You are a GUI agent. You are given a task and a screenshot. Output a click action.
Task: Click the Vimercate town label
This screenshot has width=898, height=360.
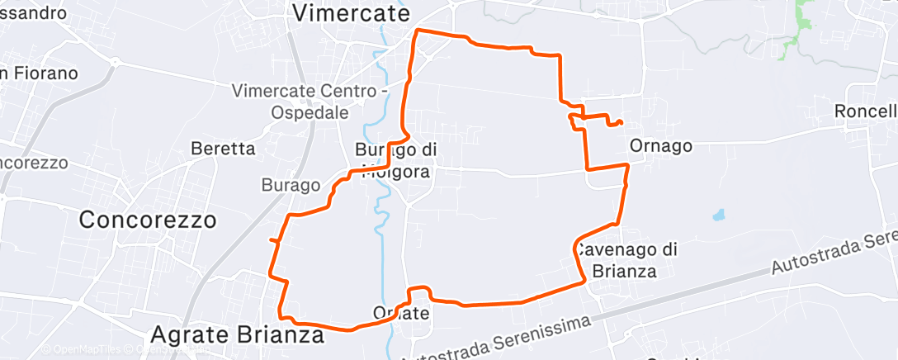pos(352,13)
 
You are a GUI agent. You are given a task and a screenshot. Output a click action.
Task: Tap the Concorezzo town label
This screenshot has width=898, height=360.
pos(148,220)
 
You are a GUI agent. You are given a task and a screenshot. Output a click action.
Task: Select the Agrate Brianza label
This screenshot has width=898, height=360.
pos(237,335)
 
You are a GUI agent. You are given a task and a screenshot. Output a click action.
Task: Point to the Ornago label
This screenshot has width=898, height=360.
pos(659,145)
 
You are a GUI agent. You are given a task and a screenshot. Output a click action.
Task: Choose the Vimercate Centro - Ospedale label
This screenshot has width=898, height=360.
pos(310,101)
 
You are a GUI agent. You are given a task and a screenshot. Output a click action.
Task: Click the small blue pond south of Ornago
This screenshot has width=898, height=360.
pos(718,216)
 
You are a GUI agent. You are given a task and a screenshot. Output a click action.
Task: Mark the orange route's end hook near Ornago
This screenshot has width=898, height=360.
pos(617,123)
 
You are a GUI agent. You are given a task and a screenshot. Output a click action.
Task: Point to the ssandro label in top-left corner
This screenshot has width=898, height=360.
pos(33,13)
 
